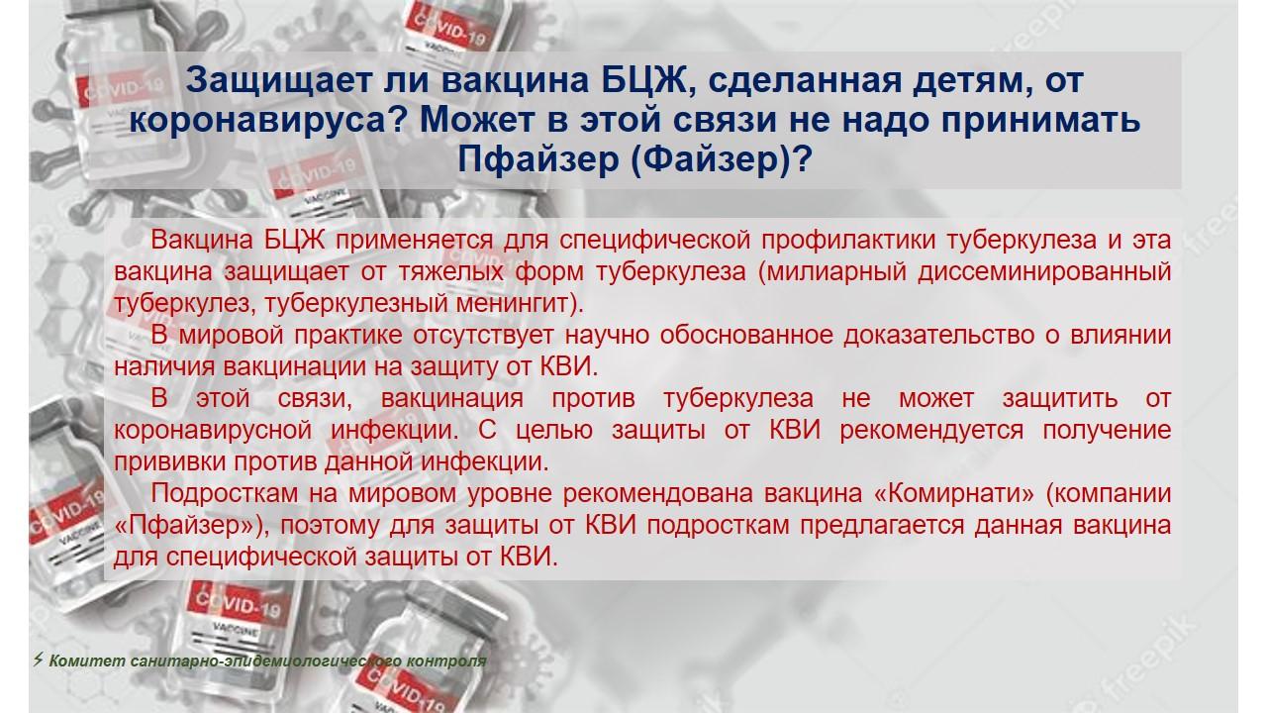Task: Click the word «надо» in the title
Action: click(x=884, y=120)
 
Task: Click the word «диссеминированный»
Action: click(x=1044, y=272)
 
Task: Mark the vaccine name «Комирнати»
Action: click(x=954, y=494)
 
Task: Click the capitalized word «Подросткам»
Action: click(x=224, y=494)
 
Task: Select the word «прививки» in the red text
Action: click(x=169, y=462)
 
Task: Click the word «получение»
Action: click(x=1107, y=431)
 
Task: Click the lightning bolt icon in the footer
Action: click(x=38, y=660)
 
